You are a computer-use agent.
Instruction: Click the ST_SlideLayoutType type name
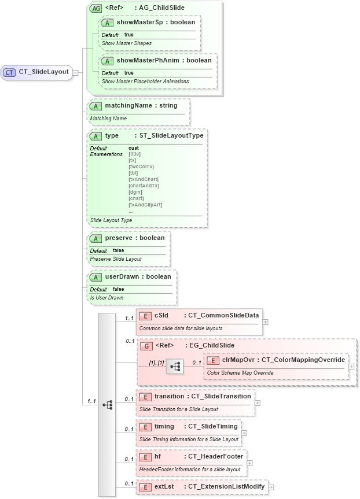(171, 135)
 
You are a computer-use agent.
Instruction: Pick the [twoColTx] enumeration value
(141, 167)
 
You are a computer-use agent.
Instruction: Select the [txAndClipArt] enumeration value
(145, 205)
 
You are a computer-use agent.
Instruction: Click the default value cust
(134, 148)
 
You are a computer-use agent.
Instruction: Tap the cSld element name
(161, 315)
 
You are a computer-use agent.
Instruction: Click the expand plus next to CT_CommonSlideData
(265, 321)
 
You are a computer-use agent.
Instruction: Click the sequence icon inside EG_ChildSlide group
(175, 366)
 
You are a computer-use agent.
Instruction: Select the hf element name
(157, 456)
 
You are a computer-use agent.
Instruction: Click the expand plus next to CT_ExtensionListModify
(271, 487)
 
